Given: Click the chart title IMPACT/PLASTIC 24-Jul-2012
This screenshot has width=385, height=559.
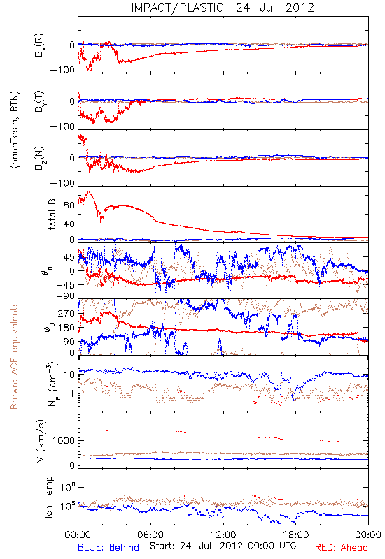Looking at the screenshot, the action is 223,8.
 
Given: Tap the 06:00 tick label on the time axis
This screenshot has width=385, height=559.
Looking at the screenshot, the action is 150,535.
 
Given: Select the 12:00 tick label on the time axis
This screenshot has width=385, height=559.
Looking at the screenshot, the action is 223,535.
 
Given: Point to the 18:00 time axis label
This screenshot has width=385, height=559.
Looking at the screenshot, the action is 296,535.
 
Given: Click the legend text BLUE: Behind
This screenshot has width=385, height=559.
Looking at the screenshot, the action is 108,547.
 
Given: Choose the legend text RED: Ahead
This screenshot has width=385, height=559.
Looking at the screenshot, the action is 342,547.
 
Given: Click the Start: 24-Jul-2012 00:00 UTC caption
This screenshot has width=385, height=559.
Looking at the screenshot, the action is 223,546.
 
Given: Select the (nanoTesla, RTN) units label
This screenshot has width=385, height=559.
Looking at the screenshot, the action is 15,130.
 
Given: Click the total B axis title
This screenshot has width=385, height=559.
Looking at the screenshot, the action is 52,215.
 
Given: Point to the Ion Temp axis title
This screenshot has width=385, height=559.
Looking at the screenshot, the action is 49,497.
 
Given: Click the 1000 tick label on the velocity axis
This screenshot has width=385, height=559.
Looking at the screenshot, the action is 64,441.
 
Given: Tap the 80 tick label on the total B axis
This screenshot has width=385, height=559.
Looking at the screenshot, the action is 69,205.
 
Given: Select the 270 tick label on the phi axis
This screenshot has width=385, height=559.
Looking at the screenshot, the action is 66,313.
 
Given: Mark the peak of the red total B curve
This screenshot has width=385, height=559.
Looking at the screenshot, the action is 88,191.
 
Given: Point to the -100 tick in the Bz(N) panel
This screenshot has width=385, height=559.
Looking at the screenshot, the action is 63,183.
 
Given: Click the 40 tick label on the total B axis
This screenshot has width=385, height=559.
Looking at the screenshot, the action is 69,224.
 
